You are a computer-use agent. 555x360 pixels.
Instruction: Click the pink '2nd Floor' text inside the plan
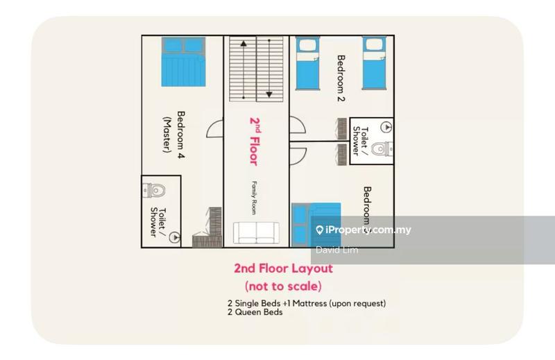click(255, 140)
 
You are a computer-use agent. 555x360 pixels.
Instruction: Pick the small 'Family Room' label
click(255, 198)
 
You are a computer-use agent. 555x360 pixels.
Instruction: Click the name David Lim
click(337, 250)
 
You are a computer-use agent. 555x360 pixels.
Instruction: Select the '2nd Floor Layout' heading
click(283, 268)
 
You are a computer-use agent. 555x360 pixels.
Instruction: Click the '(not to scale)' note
click(283, 286)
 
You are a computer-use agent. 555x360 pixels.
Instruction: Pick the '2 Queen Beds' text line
click(255, 312)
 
